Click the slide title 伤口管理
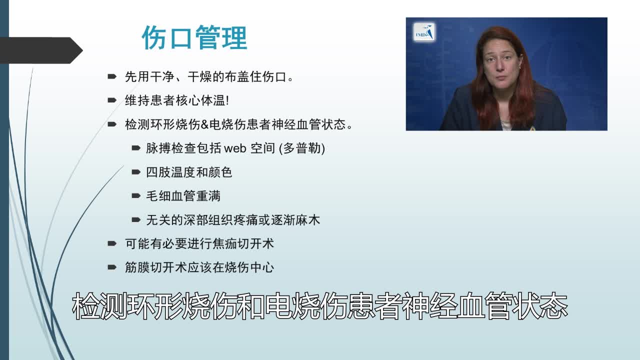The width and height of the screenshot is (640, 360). click(194, 38)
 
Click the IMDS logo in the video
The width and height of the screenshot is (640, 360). click(424, 32)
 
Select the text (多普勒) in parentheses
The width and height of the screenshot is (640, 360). click(302, 148)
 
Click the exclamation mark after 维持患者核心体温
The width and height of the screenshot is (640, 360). click(228, 100)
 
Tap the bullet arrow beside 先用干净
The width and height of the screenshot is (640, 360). click(112, 76)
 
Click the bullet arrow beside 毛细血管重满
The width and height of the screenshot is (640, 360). click(136, 196)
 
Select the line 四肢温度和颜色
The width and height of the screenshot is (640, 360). click(189, 172)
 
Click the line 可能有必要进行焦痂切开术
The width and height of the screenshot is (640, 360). click(199, 244)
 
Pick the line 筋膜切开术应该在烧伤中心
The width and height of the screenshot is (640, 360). click(199, 267)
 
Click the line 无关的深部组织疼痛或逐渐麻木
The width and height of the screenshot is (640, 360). click(233, 220)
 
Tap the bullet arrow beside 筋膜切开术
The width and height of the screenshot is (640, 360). click(112, 267)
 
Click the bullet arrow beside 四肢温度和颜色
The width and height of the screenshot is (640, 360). click(136, 172)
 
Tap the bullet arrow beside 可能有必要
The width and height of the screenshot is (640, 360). click(112, 244)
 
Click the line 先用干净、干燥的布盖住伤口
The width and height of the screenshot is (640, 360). click(208, 77)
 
